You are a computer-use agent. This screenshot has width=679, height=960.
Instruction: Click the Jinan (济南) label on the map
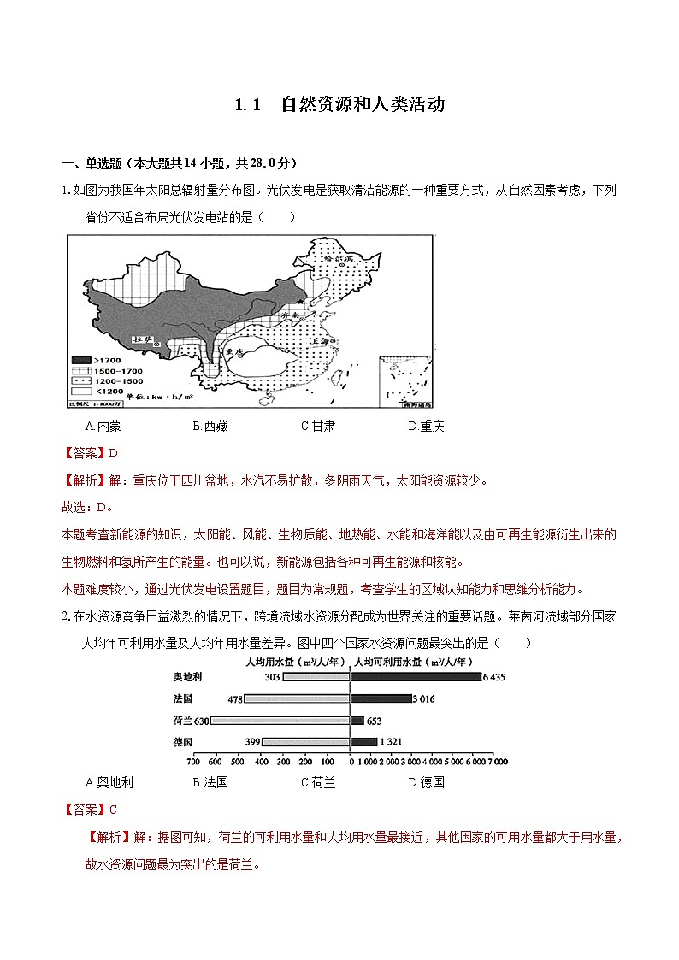pyautogui.click(x=292, y=315)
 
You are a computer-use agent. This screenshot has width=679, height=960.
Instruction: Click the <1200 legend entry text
pyautogui.click(x=112, y=390)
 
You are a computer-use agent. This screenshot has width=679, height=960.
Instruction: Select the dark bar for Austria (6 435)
pyautogui.click(x=416, y=677)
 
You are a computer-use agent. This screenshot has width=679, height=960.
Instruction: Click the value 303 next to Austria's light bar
pyautogui.click(x=273, y=677)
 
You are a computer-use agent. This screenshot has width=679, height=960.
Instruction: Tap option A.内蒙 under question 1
pyautogui.click(x=103, y=426)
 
